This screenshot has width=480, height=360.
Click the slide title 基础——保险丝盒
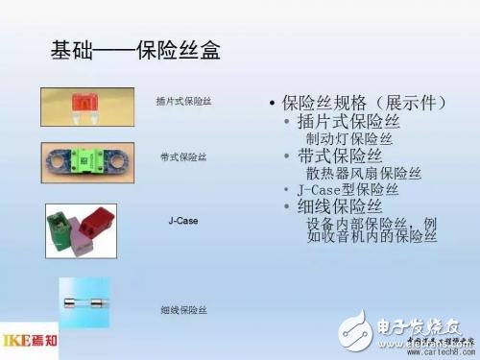tap(134, 50)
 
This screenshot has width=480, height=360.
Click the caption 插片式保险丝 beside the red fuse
tap(181, 101)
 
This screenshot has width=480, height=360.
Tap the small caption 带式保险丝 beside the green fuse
tap(181, 156)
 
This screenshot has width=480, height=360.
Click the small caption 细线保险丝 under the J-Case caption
tap(181, 310)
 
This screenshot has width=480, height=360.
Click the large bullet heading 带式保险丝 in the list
tap(340, 156)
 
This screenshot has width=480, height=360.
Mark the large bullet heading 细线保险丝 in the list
tap(340, 206)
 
